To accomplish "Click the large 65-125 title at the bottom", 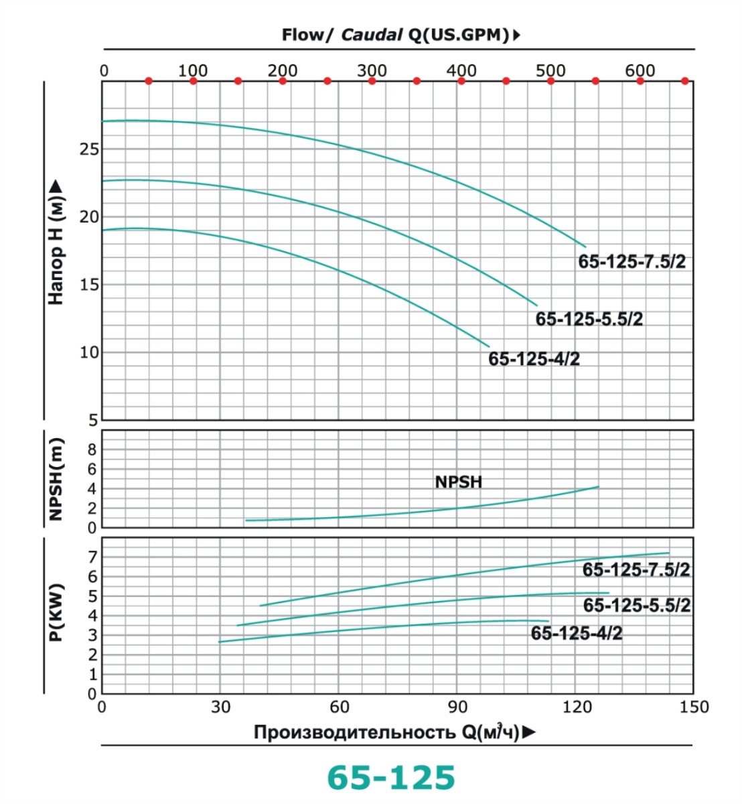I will (x=390, y=777).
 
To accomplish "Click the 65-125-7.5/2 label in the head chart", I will (x=632, y=261).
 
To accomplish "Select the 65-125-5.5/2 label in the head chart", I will (x=589, y=319).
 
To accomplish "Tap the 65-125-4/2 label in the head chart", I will (x=534, y=359).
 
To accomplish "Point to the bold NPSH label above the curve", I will (x=458, y=482).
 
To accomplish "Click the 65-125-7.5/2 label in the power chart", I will (x=636, y=570).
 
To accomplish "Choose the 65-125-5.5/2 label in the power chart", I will (x=636, y=606).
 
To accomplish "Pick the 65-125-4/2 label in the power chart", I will (x=576, y=633).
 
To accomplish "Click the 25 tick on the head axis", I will (x=89, y=149).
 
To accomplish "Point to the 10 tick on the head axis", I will (x=89, y=352).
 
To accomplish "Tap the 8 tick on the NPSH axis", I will (x=92, y=450).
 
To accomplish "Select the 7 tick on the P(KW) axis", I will (x=92, y=557).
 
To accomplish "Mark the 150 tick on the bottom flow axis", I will (x=694, y=707).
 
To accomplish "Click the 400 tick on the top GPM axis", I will (x=461, y=70).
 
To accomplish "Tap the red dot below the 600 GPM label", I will (x=640, y=81).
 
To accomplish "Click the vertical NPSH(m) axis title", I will (x=56, y=478).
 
